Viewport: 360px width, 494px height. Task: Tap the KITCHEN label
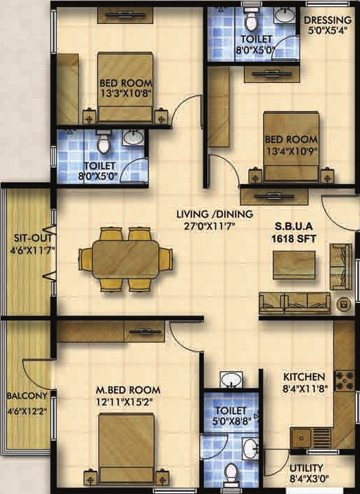(x=304, y=377)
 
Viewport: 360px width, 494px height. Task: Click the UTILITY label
(x=306, y=467)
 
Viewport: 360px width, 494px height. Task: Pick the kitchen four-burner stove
(x=345, y=381)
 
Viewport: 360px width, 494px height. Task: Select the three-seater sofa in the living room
(x=294, y=303)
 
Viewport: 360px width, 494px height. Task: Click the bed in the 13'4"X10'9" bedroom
(x=290, y=148)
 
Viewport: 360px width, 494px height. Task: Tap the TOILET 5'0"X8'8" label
(x=232, y=415)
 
